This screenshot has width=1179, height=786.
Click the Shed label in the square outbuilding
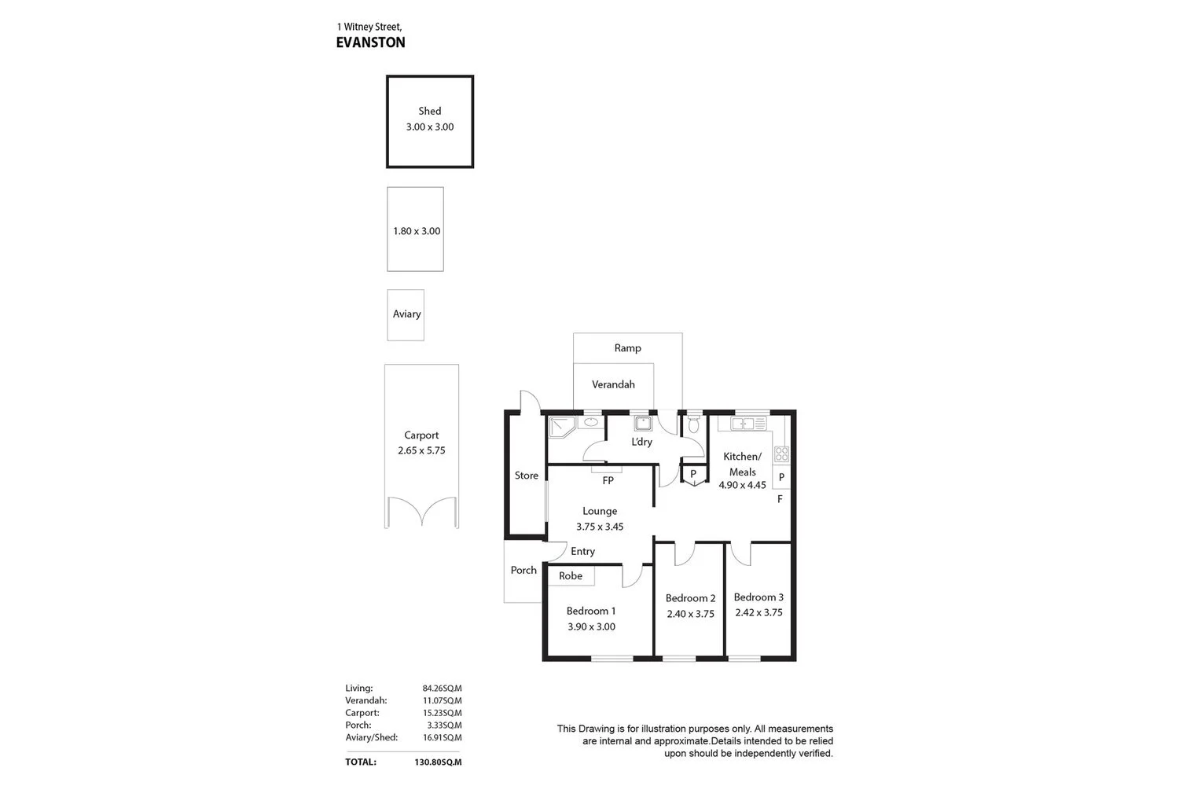(x=429, y=112)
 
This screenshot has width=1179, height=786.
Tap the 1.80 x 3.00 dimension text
(x=417, y=231)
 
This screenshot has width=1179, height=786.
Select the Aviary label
(x=406, y=314)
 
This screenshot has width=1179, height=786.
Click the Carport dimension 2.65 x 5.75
(x=421, y=450)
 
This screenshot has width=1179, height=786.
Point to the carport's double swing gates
(x=421, y=511)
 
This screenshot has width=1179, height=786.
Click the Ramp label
(x=627, y=347)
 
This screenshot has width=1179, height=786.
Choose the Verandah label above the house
(x=613, y=384)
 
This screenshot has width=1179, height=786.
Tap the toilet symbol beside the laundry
(x=693, y=424)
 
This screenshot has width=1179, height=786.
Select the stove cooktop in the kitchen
(x=781, y=454)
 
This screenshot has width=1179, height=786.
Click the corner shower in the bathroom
(x=561, y=427)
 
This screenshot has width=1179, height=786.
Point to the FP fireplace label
(x=608, y=480)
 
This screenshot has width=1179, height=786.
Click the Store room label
(x=527, y=476)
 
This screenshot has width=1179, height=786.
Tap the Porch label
(x=523, y=570)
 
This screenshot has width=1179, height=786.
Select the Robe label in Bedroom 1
(x=571, y=576)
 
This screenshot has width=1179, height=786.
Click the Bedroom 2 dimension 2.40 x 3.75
(x=690, y=614)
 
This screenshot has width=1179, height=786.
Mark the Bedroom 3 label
(x=758, y=597)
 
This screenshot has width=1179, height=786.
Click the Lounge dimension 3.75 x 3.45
(x=600, y=527)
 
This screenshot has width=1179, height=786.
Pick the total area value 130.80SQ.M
(x=438, y=762)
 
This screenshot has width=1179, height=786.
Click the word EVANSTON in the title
(x=370, y=42)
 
